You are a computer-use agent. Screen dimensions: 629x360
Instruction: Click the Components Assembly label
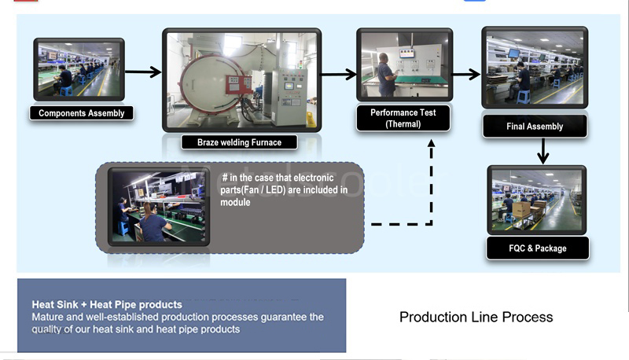(x=82, y=113)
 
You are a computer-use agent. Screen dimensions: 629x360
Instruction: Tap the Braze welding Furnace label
(x=239, y=142)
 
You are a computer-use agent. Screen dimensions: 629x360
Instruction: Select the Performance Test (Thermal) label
(x=403, y=118)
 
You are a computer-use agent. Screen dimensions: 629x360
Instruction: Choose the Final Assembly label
(x=535, y=127)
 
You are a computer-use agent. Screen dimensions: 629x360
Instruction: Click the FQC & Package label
(x=538, y=248)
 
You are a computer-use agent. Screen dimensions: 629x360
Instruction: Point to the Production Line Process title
(x=476, y=317)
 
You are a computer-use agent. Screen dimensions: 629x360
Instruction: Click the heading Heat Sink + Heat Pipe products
(x=107, y=305)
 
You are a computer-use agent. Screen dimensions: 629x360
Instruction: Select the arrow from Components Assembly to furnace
(x=143, y=72)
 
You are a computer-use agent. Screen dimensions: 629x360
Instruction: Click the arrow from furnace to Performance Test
(x=339, y=74)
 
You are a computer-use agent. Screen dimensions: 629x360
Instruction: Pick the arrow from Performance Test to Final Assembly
(x=466, y=74)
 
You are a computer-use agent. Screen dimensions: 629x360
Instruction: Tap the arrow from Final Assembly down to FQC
(x=543, y=151)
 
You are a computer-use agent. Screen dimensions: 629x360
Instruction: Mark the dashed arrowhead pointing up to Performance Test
(x=431, y=143)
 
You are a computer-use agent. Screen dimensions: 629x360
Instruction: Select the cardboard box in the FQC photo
(x=521, y=209)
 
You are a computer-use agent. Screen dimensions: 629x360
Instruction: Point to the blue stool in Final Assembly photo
(x=523, y=97)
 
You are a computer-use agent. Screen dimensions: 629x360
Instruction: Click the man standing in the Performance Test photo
(x=386, y=75)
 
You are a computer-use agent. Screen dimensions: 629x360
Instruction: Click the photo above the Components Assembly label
(x=79, y=69)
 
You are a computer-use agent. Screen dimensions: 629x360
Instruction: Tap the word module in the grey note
(x=235, y=203)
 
